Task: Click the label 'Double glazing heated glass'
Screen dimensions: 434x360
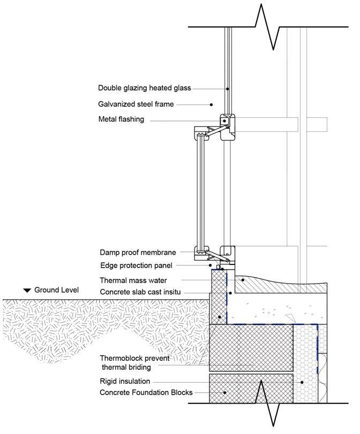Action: (144, 88)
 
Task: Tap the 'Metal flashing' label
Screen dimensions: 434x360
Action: (121, 119)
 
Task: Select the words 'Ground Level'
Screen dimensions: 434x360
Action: (56, 290)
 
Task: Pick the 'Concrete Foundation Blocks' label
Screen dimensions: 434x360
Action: (146, 393)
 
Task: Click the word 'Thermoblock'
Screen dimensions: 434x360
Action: (122, 358)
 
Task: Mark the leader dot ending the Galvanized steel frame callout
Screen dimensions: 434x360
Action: (212, 105)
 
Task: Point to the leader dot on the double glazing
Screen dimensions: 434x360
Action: (228, 89)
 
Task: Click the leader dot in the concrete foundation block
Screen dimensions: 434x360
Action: (224, 393)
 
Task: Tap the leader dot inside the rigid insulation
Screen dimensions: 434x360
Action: (303, 382)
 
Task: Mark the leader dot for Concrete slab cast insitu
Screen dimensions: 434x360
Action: (229, 293)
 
